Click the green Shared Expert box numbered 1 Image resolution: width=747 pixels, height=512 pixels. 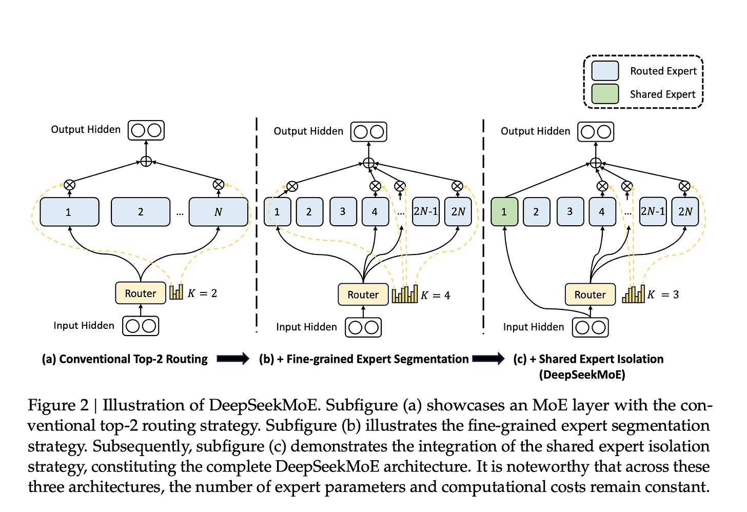point(504,211)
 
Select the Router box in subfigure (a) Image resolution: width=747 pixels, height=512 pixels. point(141,293)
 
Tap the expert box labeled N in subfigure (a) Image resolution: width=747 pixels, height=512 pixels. point(218,211)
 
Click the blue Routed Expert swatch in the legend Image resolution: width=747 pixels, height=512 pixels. point(605,71)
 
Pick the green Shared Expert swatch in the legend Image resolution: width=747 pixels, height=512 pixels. point(605,94)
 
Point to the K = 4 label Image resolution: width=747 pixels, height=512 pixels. point(436,295)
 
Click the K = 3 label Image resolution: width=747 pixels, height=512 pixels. point(663,294)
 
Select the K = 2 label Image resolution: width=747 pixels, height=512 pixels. point(202,293)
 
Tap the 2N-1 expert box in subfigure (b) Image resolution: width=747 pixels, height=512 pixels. point(425,211)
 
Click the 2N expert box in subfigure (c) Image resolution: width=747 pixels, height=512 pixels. point(685,211)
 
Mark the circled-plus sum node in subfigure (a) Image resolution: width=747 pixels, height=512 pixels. point(146,162)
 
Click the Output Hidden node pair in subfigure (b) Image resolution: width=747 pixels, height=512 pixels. point(368,131)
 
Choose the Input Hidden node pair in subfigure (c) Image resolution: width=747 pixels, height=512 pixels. point(590,327)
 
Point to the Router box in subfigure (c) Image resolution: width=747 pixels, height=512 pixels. point(590,294)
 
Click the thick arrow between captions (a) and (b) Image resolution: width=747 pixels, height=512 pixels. point(233,359)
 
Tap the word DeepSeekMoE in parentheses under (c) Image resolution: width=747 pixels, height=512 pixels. point(582,375)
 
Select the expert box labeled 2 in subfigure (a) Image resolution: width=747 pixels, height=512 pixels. point(141,211)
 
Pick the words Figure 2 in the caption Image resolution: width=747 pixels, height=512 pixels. point(58,405)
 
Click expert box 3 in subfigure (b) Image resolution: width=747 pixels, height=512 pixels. point(342,211)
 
